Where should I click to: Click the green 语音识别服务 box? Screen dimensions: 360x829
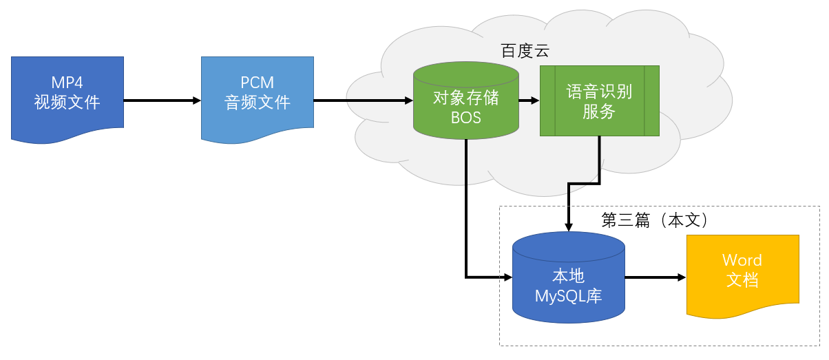[599, 100]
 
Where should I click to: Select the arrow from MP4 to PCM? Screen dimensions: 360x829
[162, 100]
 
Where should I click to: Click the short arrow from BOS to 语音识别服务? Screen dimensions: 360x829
[529, 100]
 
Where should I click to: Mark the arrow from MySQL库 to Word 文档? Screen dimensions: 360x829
[654, 277]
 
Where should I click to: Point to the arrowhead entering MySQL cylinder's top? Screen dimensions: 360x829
[568, 228]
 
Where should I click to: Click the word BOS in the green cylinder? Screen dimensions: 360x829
[466, 118]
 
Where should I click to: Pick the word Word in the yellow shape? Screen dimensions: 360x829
[742, 260]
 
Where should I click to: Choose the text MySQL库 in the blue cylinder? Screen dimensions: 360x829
[569, 297]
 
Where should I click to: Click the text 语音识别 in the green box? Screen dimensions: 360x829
[599, 91]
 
